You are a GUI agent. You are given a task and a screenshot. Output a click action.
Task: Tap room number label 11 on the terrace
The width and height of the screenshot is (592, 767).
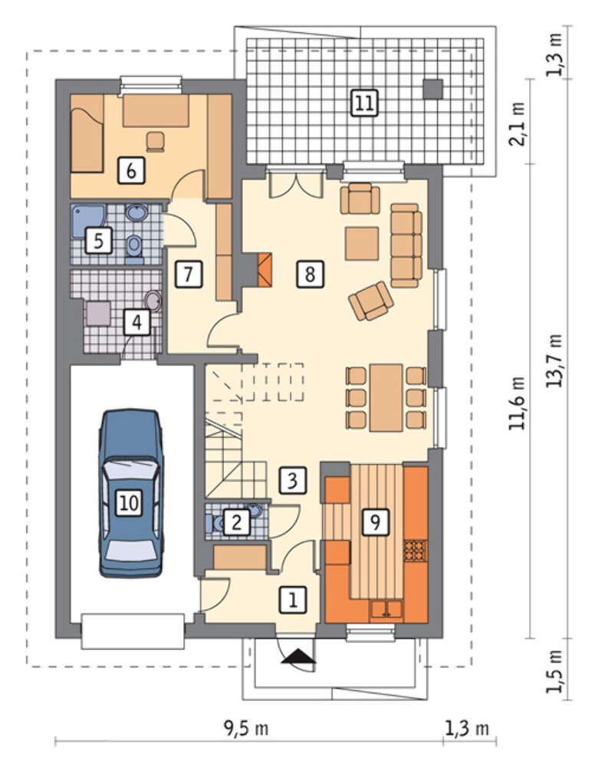(365, 104)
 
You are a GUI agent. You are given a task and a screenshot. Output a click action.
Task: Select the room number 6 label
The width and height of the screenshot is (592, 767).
(131, 171)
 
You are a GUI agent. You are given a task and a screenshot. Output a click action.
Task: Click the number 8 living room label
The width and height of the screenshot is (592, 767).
(310, 274)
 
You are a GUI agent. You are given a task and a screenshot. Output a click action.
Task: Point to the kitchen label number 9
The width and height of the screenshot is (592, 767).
(375, 522)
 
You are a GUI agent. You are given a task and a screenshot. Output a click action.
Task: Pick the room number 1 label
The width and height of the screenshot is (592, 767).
(293, 599)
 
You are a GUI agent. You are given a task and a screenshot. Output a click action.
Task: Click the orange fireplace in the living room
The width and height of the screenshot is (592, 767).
(265, 269)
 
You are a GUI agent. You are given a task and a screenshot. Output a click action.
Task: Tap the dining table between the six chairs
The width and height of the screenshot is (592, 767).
(386, 397)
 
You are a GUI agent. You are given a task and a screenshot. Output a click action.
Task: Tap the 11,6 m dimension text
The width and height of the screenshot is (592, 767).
(518, 403)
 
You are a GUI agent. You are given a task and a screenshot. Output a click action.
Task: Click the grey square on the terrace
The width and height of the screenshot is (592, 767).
(433, 89)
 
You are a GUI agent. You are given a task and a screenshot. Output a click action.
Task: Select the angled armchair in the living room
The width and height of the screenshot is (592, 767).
(371, 301)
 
